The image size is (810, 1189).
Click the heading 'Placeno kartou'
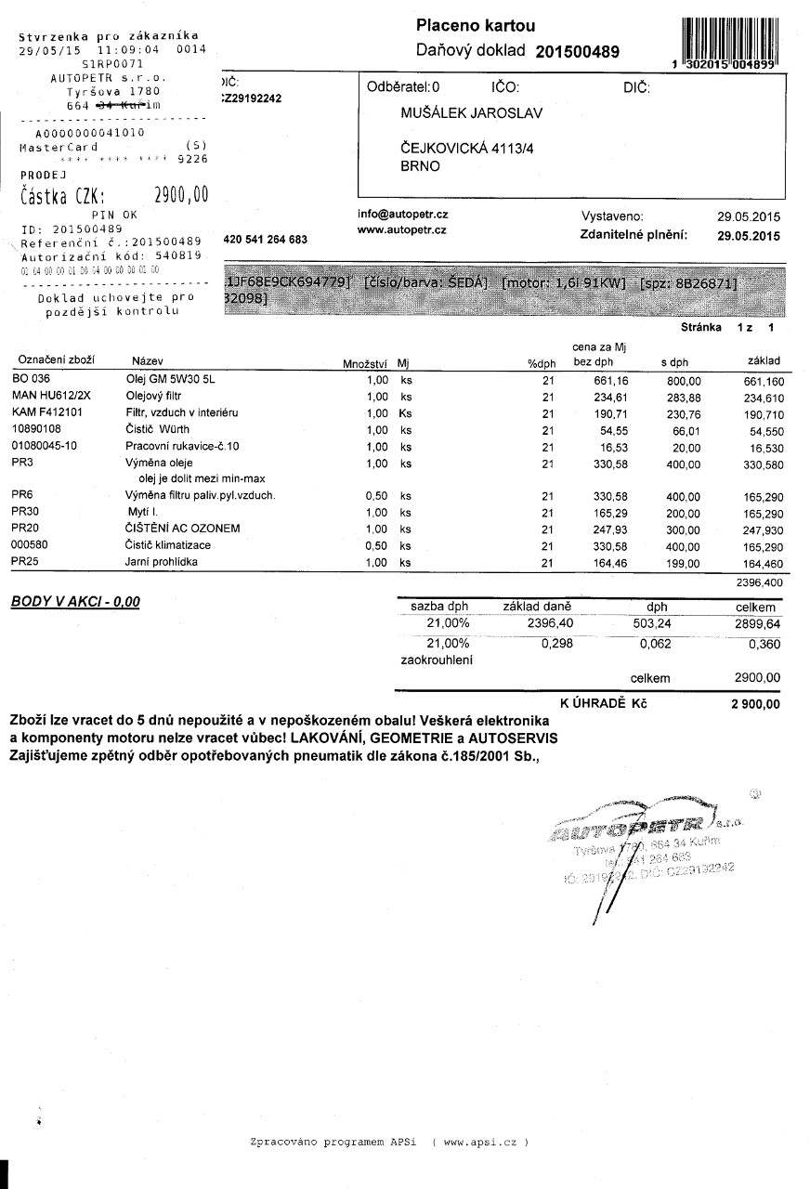[x=476, y=26]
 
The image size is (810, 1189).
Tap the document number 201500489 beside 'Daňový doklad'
[x=577, y=52]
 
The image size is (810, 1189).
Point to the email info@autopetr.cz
[x=402, y=213]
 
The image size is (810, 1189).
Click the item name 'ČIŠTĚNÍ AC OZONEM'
[x=183, y=528]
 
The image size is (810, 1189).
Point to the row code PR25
[x=23, y=562]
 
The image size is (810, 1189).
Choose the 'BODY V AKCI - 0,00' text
[x=75, y=602]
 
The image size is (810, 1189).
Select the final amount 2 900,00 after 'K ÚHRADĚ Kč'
[x=755, y=703]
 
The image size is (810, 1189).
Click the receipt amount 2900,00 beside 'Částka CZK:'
[x=180, y=195]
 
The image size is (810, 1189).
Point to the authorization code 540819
[x=177, y=255]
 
